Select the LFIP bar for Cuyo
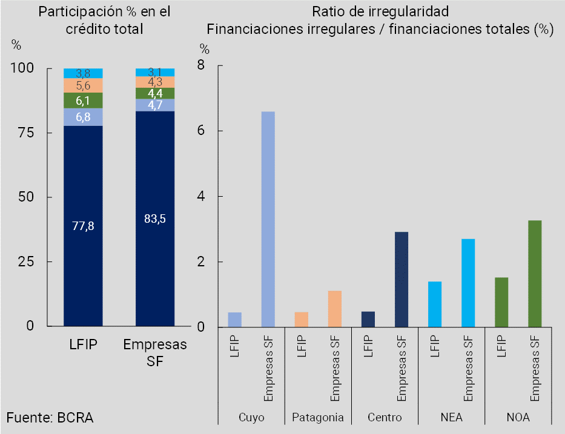[x=234, y=320]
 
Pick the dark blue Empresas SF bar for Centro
[x=401, y=280]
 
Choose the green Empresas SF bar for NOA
[x=534, y=274]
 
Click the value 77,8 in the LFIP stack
[x=83, y=226]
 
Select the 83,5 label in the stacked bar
[x=155, y=219]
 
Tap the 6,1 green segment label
[x=83, y=100]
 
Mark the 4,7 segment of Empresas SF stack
[x=155, y=105]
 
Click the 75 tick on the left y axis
[x=23, y=133]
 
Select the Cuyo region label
[x=251, y=418]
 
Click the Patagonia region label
[x=318, y=418]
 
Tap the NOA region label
[x=518, y=418]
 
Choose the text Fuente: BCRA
[x=50, y=418]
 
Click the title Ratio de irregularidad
[x=380, y=12]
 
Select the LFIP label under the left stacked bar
[x=83, y=346]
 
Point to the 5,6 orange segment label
[x=83, y=85]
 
